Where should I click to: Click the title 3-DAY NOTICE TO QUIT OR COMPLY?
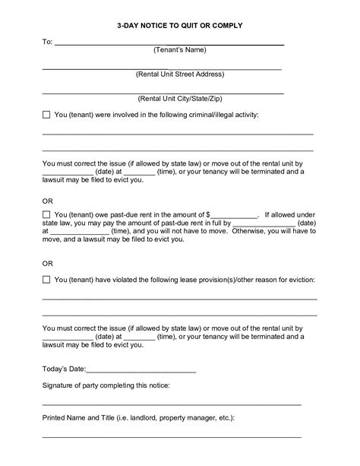coord(180,25)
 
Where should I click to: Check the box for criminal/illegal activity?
coord(46,114)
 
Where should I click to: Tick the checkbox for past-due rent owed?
coord(46,215)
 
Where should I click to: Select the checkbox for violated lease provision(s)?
coord(46,280)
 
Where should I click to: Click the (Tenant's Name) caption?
coord(180,50)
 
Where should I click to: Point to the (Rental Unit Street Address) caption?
coord(180,74)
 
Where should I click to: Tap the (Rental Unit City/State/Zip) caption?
coord(180,99)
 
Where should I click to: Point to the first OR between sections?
coord(47,200)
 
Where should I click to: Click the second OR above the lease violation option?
coord(47,265)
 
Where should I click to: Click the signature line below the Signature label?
coord(171,404)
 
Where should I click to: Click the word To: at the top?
coord(46,42)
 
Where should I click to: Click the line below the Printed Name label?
coord(171,436)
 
